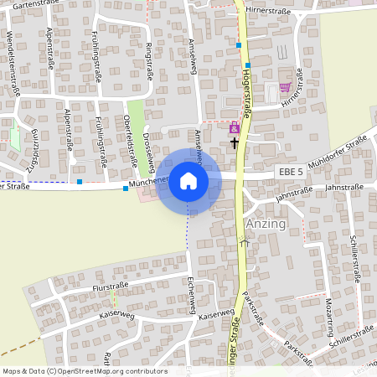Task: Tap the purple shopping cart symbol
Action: [x=285, y=86]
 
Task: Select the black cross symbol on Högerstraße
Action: [x=234, y=142]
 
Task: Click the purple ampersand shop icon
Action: [x=234, y=129]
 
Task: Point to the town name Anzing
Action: [x=266, y=225]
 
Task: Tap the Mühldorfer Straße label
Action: [x=337, y=152]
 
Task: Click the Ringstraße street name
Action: [x=150, y=61]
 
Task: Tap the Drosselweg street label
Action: [x=147, y=148]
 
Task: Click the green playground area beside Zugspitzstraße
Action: [x=16, y=133]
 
